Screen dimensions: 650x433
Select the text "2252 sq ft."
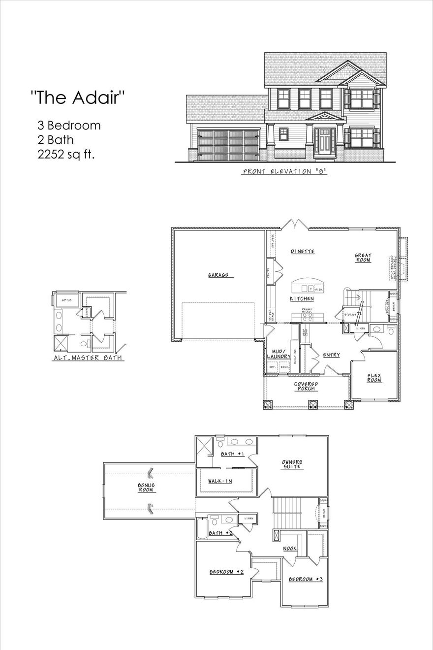click(66, 154)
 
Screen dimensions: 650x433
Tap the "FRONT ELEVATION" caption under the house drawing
click(285, 172)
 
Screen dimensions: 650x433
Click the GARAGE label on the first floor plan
click(218, 275)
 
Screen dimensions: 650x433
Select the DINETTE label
click(302, 252)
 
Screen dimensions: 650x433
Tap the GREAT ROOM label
click(363, 258)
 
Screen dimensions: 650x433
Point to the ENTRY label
click(331, 355)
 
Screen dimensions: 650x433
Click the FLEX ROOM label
click(374, 378)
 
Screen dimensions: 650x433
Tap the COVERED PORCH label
click(306, 386)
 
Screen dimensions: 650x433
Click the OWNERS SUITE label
click(292, 464)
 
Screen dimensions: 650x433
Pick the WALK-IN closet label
click(219, 481)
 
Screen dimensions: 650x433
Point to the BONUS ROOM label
click(146, 487)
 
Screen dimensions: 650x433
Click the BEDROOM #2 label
click(227, 572)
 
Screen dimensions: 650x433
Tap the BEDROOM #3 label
click(305, 579)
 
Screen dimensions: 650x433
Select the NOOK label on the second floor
click(289, 548)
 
